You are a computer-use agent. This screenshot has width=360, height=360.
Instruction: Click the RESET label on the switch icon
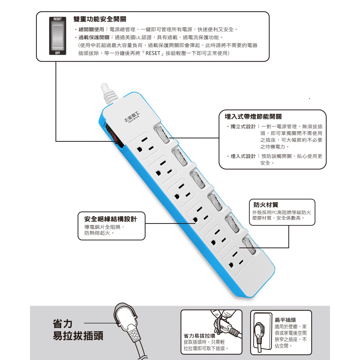57,19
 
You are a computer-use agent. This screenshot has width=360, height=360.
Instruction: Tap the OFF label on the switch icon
57,53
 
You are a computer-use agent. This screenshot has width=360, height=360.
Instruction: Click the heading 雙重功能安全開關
100,19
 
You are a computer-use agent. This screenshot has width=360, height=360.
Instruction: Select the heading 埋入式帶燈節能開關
253,117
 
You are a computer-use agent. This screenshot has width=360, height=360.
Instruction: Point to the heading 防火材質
266,205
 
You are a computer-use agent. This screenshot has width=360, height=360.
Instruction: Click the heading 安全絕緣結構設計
110,219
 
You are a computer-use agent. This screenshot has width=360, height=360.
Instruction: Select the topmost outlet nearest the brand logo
144,145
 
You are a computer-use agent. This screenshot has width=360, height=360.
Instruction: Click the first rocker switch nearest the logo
162,135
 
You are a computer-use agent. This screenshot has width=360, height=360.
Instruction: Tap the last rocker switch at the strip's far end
249,246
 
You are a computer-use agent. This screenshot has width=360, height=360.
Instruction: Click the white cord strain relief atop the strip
109,94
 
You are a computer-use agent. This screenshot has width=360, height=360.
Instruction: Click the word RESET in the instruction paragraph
153,53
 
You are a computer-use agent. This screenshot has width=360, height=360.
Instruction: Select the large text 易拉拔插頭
78,336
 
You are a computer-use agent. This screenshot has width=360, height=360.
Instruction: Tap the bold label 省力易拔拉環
199,336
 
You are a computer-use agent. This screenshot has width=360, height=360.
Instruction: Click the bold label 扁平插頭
285,320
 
